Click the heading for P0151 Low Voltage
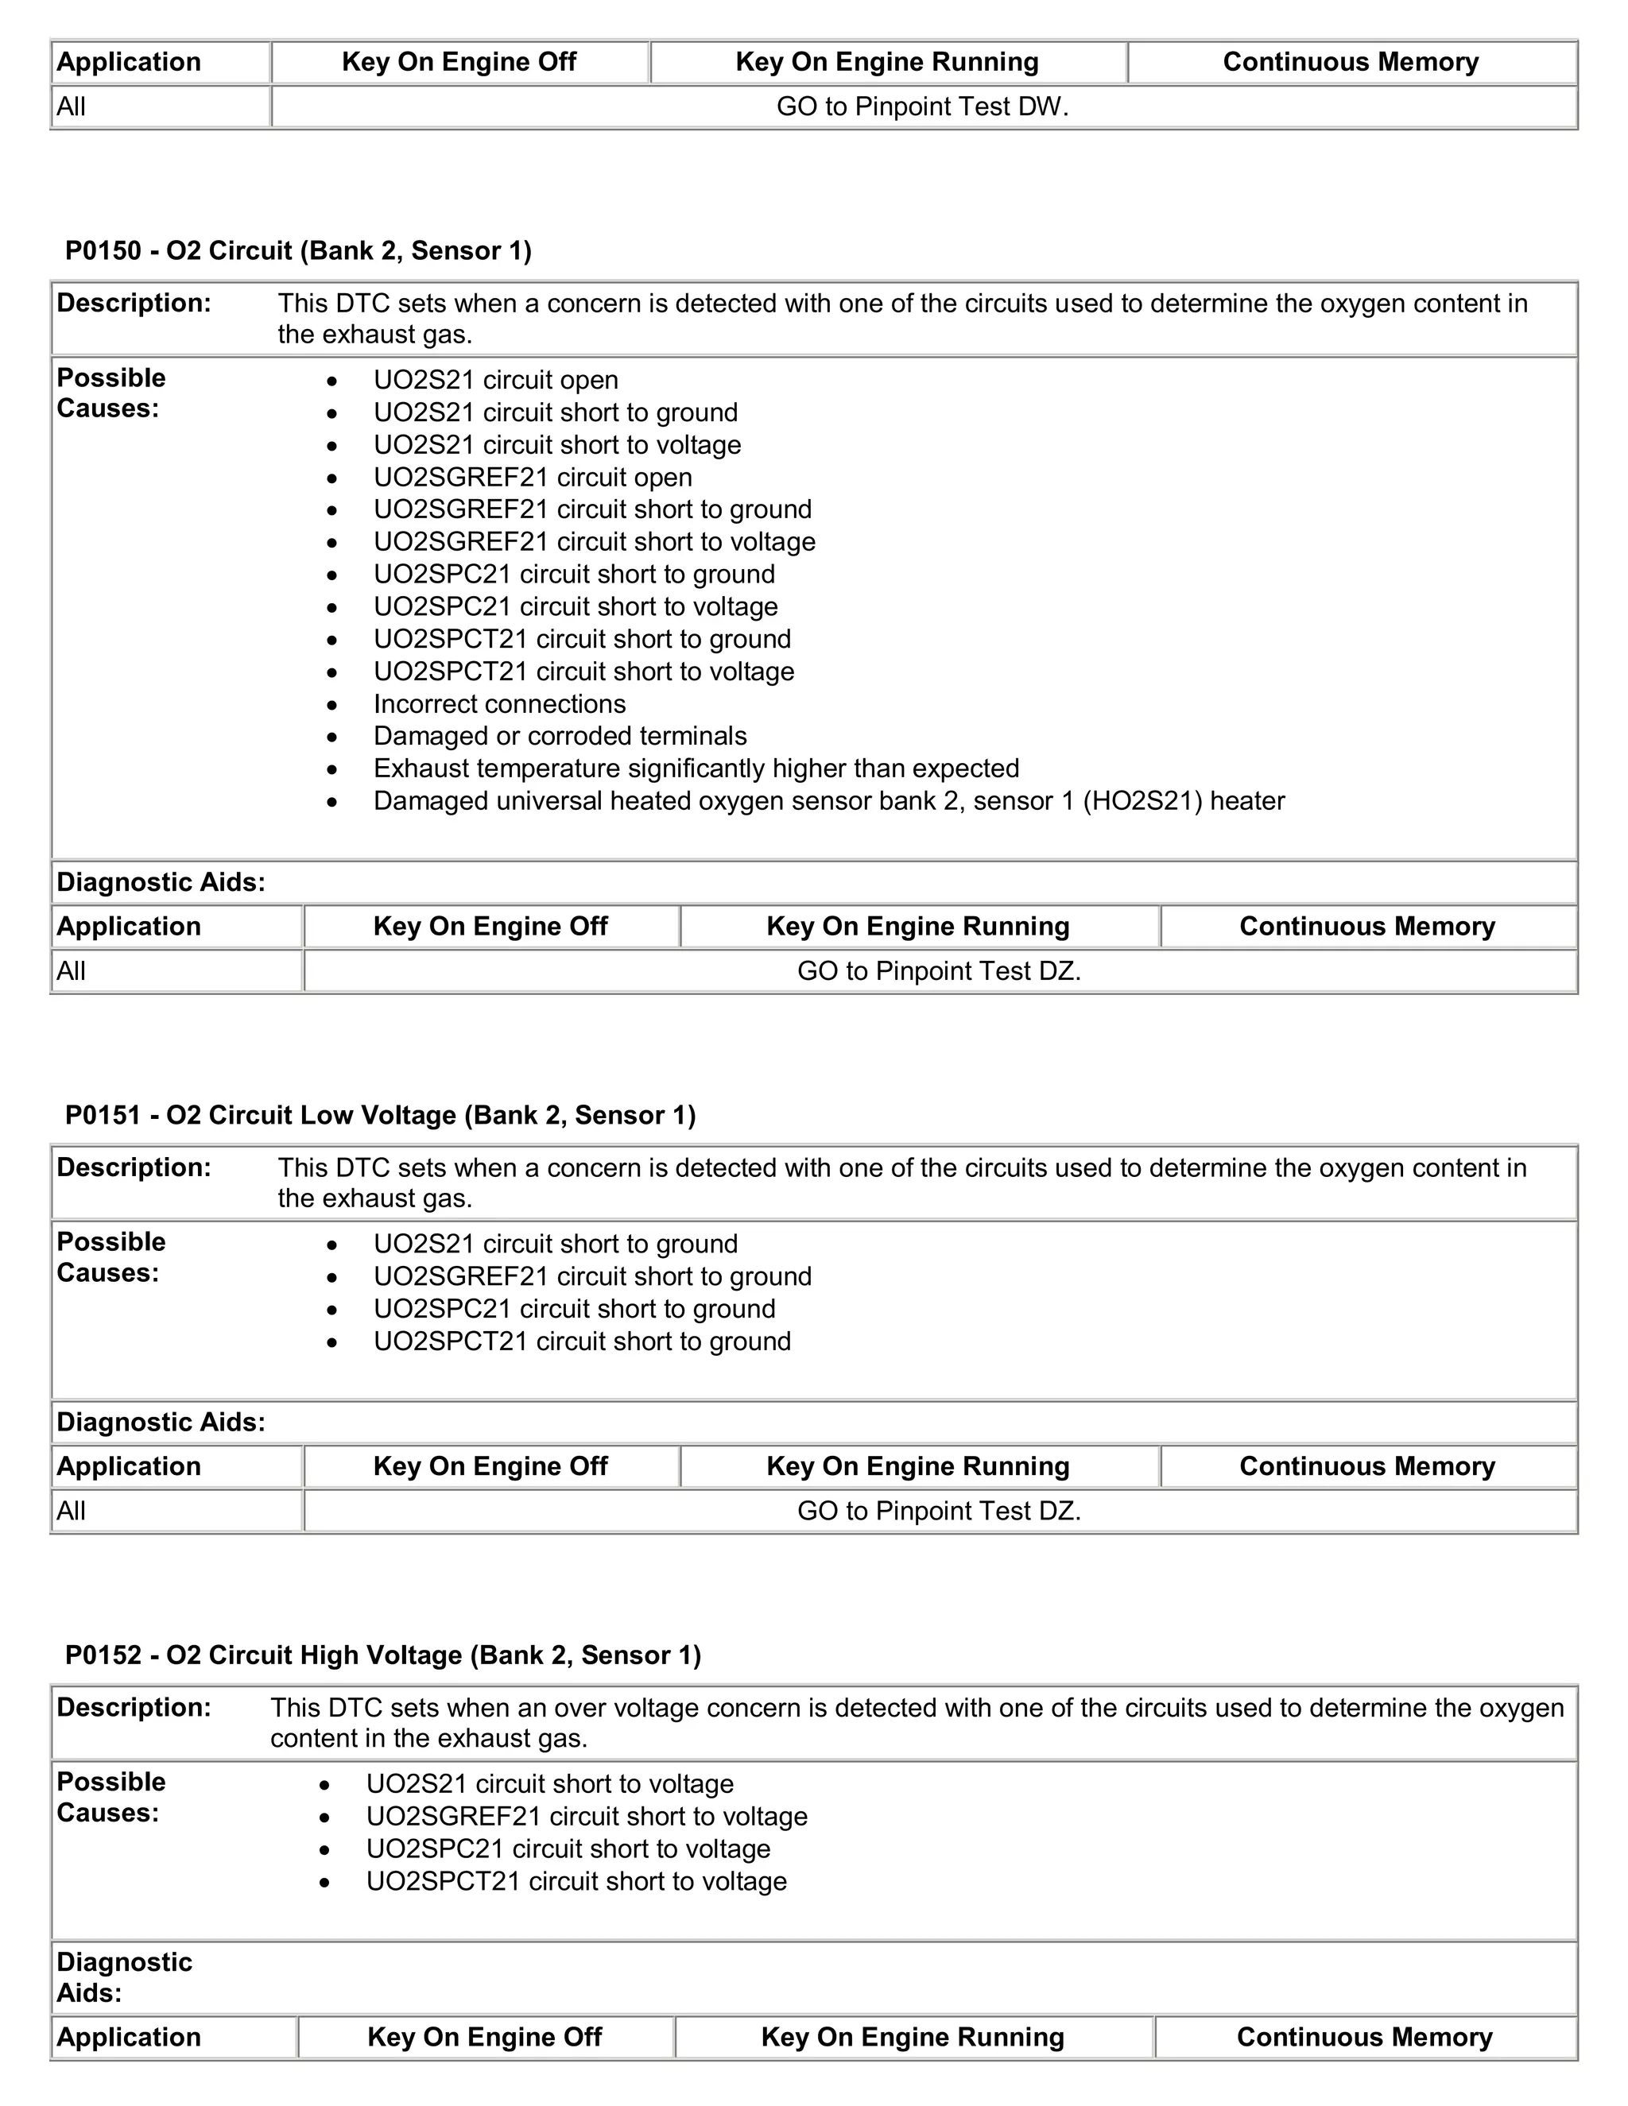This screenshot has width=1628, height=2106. [380, 1115]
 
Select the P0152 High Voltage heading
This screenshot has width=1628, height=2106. [383, 1655]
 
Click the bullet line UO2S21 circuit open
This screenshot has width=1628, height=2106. [496, 380]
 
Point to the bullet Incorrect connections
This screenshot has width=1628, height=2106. [499, 704]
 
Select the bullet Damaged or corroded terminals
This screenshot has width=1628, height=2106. [560, 736]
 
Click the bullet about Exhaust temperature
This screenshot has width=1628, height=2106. [696, 768]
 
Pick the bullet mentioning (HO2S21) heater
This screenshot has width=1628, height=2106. [828, 800]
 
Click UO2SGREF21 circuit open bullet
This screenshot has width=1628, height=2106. [533, 478]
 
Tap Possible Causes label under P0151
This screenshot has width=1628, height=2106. [111, 1257]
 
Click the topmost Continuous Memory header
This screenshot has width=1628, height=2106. [1351, 62]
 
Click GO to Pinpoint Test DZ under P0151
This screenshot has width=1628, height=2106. [939, 1510]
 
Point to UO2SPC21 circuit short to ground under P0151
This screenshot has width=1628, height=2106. [574, 1309]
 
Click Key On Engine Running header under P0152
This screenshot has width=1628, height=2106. [913, 2037]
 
